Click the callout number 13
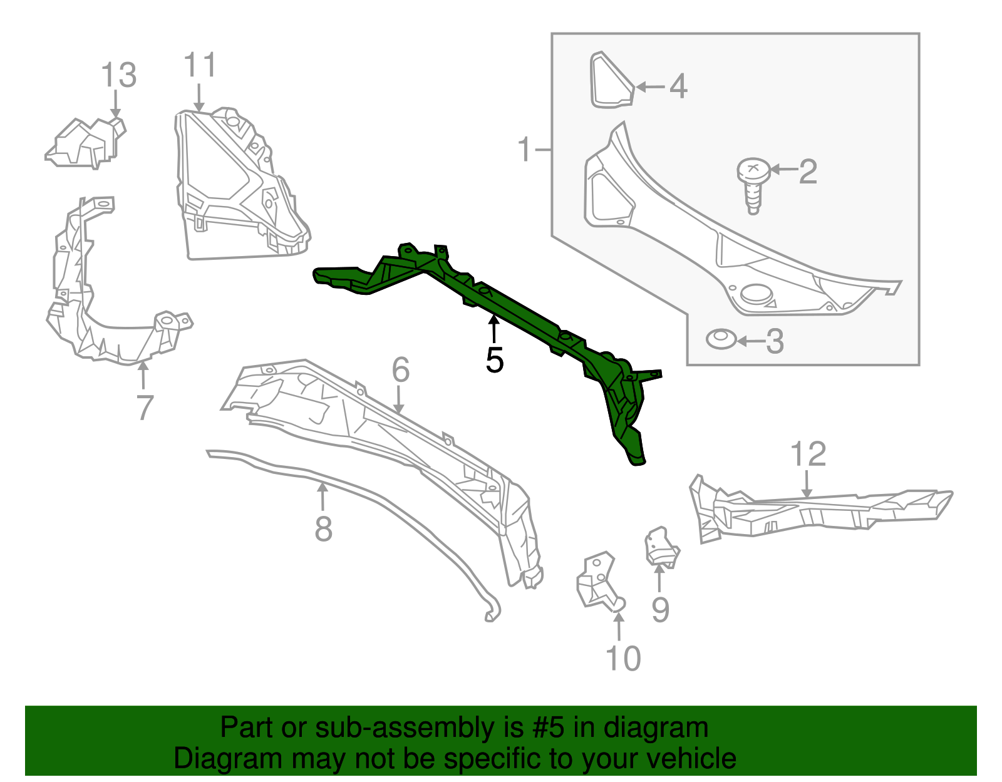click(x=119, y=75)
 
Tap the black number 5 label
click(x=494, y=360)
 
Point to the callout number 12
click(x=808, y=454)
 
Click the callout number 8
click(x=323, y=529)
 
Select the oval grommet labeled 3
click(x=721, y=339)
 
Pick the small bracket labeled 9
click(x=662, y=548)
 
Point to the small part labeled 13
click(x=86, y=143)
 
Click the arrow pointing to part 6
click(x=398, y=399)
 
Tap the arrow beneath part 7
click(x=143, y=376)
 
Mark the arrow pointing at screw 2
click(x=784, y=170)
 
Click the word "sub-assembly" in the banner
click(x=419, y=728)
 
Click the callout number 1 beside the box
click(x=525, y=150)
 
